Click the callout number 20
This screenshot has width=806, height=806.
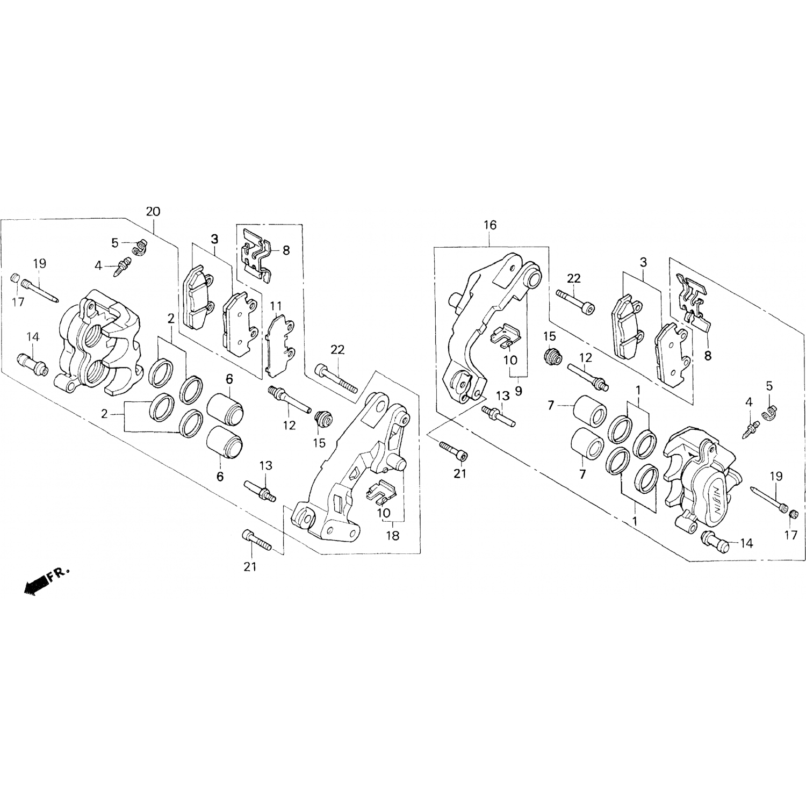click(153, 211)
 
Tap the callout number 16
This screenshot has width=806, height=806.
click(490, 225)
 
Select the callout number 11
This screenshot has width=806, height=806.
click(276, 306)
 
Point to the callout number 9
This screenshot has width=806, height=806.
click(518, 391)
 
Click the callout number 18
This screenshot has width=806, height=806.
click(393, 536)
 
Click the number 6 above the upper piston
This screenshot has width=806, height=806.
click(229, 379)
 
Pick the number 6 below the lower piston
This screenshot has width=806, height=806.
click(220, 476)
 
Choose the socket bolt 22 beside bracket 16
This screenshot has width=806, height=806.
click(576, 300)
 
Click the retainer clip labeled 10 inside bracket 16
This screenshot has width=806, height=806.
click(506, 335)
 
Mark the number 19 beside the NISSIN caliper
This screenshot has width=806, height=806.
click(776, 476)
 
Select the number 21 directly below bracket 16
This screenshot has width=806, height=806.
click(460, 473)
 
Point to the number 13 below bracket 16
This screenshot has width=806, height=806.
click(502, 395)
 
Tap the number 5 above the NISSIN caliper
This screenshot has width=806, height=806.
click(769, 385)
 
